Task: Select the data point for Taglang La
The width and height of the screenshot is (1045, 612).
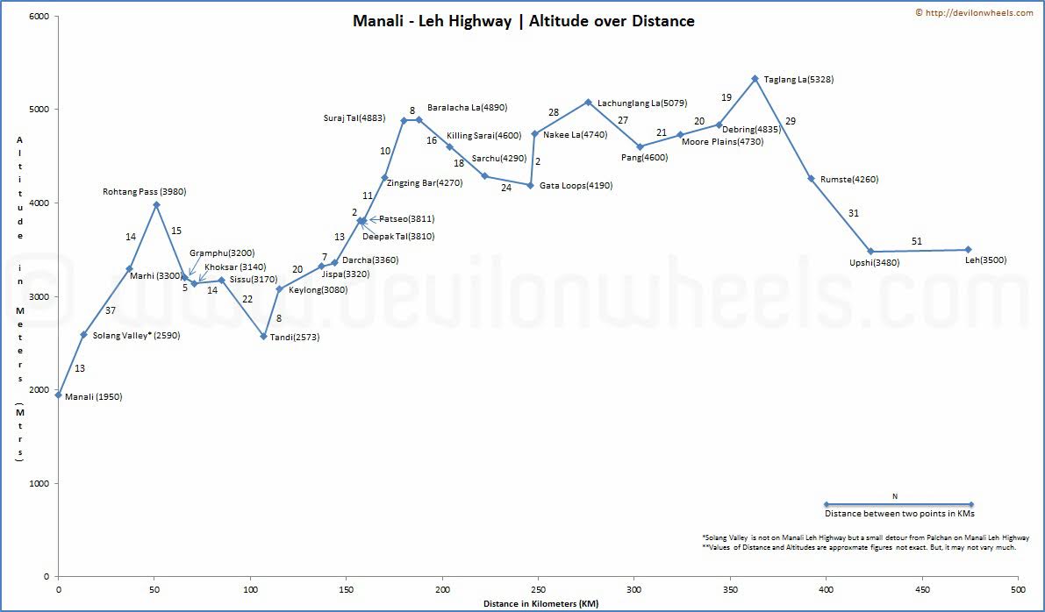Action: tap(755, 79)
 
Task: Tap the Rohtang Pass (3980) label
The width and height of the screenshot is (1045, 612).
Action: tap(144, 191)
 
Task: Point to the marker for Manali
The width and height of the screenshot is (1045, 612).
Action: tap(59, 395)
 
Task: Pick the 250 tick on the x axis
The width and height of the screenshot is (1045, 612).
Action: tap(539, 591)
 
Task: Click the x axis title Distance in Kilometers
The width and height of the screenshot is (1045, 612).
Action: tap(540, 604)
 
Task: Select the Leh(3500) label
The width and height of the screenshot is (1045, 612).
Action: tap(985, 260)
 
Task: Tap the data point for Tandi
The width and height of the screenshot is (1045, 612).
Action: tap(263, 336)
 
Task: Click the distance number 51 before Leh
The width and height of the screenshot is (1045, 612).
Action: tap(917, 241)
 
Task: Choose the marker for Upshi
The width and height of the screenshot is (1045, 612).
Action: tap(870, 252)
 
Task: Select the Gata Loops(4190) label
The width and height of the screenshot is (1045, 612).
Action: tap(576, 186)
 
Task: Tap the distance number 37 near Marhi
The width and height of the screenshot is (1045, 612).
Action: tap(111, 310)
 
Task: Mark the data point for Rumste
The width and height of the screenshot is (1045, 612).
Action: tap(812, 179)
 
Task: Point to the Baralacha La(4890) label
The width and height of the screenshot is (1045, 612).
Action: tap(467, 108)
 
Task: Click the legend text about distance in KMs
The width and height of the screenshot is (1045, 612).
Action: tap(899, 514)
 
